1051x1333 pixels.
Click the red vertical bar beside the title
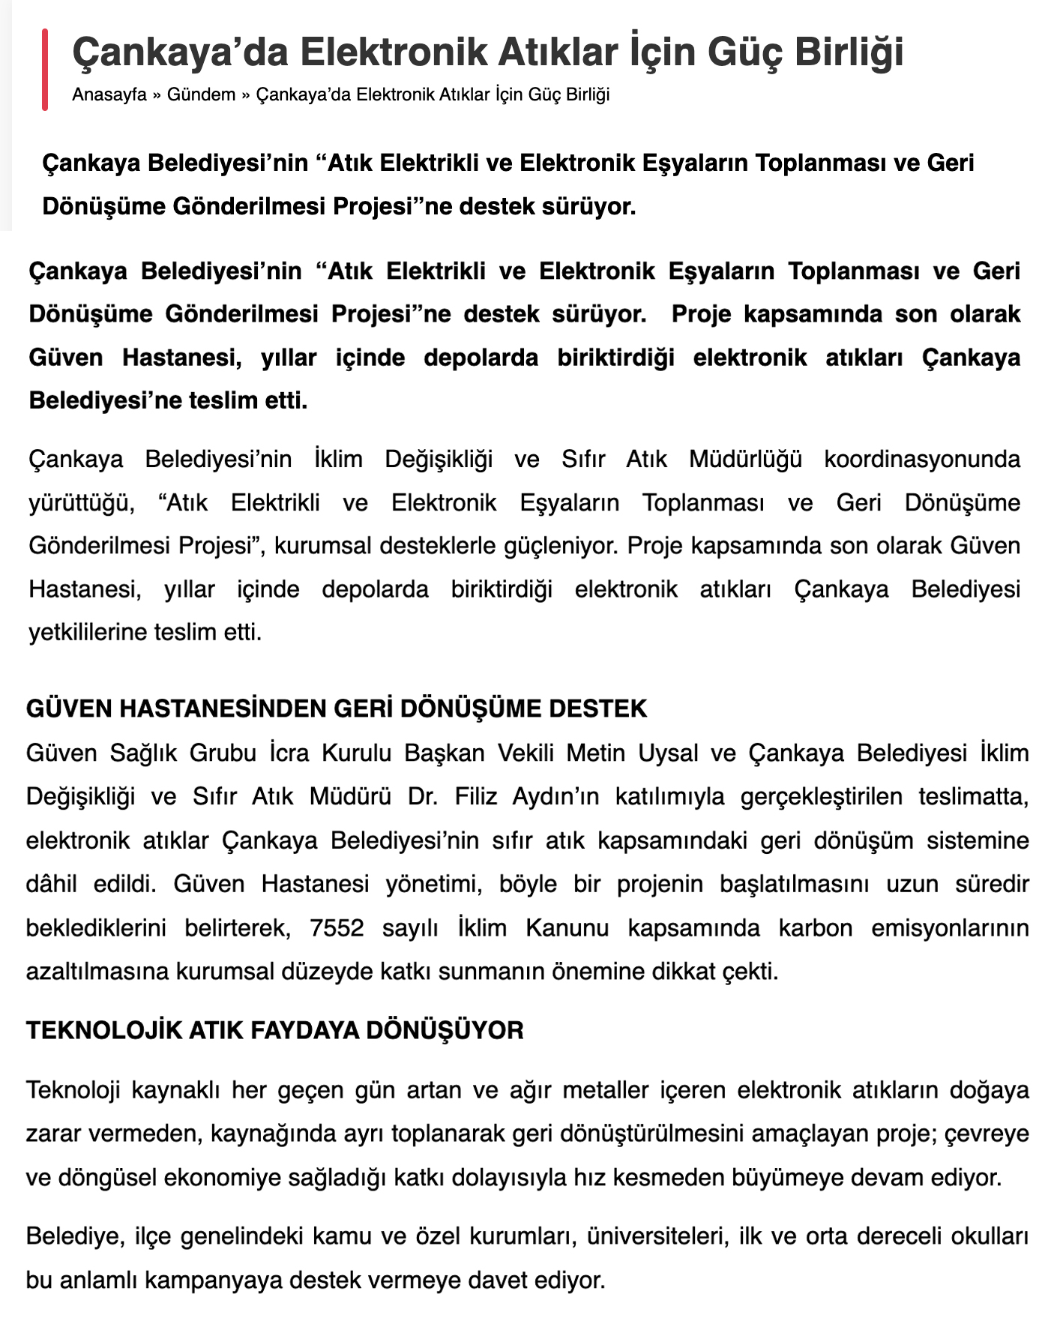pos(45,70)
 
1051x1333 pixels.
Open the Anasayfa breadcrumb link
pos(109,95)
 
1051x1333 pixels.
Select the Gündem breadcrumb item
pos(201,95)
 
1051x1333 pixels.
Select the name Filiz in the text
pos(476,796)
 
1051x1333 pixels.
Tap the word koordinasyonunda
pos(922,459)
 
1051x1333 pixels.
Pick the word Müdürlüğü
pos(745,459)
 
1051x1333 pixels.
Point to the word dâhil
pos(51,884)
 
